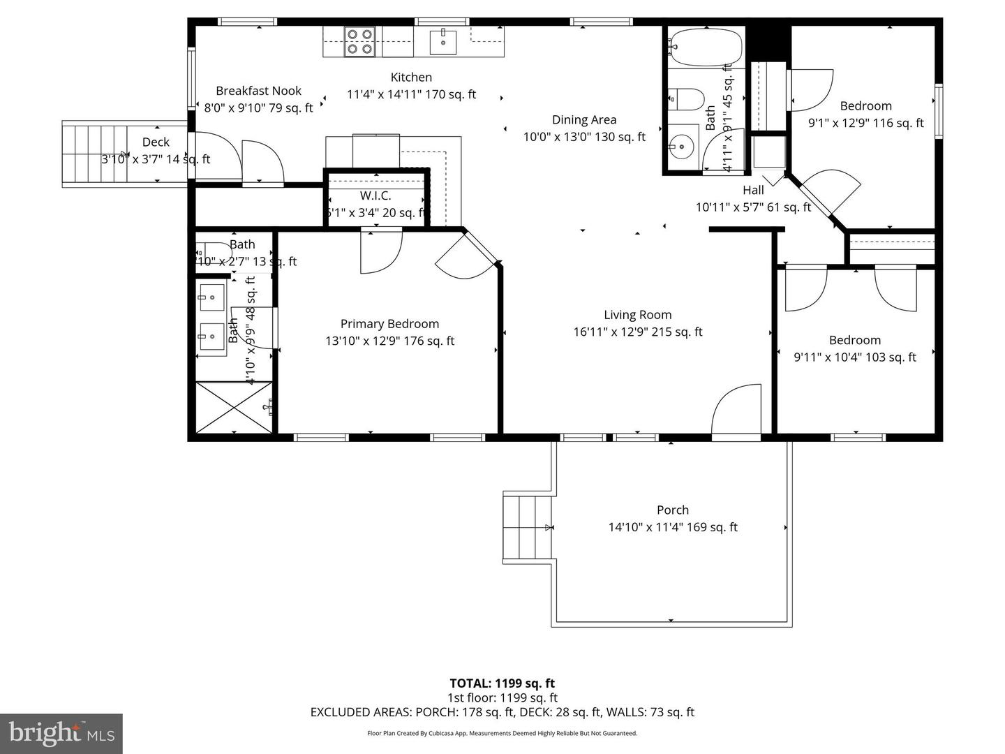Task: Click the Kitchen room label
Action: (x=411, y=77)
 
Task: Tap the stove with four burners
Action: (x=360, y=41)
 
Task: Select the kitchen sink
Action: (x=442, y=42)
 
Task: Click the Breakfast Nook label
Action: (x=258, y=91)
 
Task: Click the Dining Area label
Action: (x=584, y=120)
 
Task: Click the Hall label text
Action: (x=753, y=190)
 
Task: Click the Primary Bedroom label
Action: (x=389, y=324)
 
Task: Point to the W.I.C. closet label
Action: (x=375, y=196)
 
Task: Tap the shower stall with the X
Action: (x=233, y=408)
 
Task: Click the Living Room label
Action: (x=638, y=316)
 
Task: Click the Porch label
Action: (x=673, y=510)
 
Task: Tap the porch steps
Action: (x=528, y=527)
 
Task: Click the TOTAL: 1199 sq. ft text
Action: (x=502, y=683)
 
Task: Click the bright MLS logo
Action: (x=61, y=733)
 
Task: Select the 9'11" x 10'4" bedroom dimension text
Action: (x=855, y=357)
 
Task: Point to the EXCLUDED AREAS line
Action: (x=502, y=712)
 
